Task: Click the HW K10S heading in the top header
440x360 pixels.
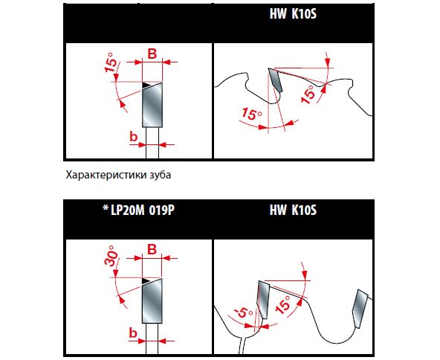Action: point(293,13)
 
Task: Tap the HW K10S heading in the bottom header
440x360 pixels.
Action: point(293,210)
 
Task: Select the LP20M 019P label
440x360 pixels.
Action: point(143,210)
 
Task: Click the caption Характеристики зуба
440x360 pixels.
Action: point(118,175)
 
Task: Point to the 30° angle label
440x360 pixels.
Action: point(110,256)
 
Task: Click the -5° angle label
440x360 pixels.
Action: point(244,312)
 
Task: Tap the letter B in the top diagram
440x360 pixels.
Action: point(152,54)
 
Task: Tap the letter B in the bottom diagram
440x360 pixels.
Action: point(152,249)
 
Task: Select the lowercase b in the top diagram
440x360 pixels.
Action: point(134,136)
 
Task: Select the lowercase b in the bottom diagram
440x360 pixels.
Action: point(133,332)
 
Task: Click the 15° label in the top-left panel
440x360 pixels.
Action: point(111,62)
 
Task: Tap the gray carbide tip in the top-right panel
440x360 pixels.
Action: point(275,80)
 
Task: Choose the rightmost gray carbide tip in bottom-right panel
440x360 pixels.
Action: point(360,309)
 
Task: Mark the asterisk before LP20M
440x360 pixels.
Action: point(106,208)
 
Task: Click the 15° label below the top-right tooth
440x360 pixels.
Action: point(252,114)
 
